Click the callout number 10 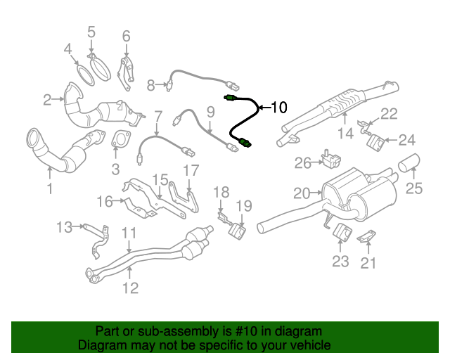[x=278, y=108]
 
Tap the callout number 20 [x=301, y=193]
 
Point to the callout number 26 [x=302, y=163]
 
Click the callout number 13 [x=64, y=226]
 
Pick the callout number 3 [x=115, y=169]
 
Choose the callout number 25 [x=414, y=187]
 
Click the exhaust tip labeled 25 [x=409, y=164]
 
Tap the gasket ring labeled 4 [x=84, y=73]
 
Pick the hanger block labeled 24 [x=375, y=142]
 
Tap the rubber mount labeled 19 [x=238, y=230]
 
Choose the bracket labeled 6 [x=126, y=72]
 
